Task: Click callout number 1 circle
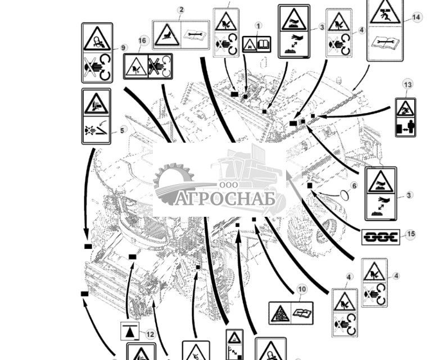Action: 258,26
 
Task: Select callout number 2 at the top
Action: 181,10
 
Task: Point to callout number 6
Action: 354,186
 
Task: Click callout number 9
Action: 124,48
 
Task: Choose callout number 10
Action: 302,290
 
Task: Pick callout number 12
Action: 150,334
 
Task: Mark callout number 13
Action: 408,85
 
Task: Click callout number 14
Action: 416,17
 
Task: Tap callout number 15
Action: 411,234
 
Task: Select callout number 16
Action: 142,41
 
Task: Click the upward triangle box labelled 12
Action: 130,332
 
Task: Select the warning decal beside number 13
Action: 405,117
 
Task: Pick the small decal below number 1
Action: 256,44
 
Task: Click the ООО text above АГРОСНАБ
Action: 228,185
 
